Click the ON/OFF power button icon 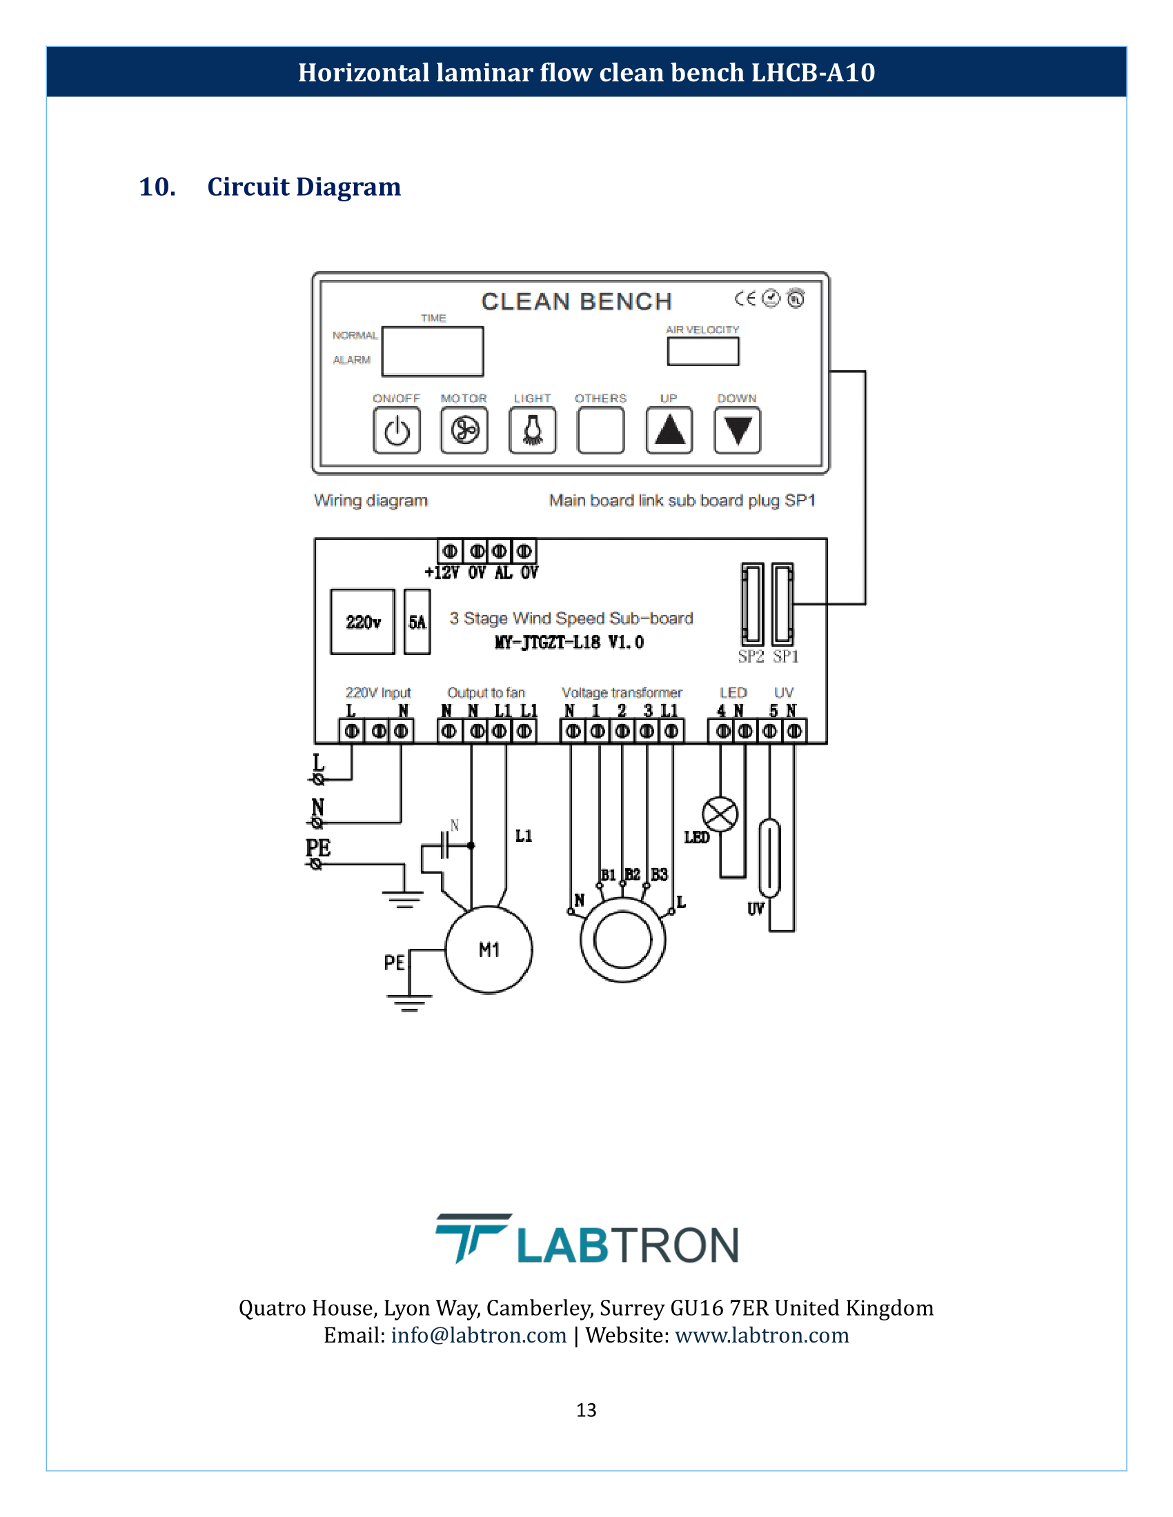tap(397, 431)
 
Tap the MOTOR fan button tap(464, 431)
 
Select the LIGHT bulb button tap(532, 431)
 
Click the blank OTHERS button tap(600, 431)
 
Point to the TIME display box tap(432, 352)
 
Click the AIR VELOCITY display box tap(702, 351)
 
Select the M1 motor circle tap(489, 950)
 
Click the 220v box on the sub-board tap(363, 622)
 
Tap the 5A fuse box tap(417, 622)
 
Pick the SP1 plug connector tap(782, 604)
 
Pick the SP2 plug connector tap(753, 604)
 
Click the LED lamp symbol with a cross tap(720, 814)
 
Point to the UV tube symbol tap(769, 858)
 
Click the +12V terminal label tap(442, 572)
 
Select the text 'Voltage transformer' tap(621, 692)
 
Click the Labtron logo tap(586, 1240)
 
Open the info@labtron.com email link tap(479, 1335)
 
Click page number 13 tap(586, 1409)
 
